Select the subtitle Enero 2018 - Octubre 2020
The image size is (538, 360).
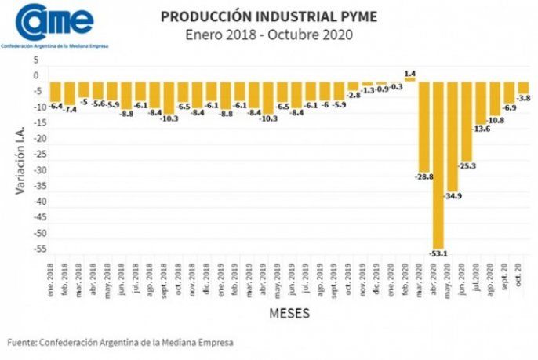point(268,35)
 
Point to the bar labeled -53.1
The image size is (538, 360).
point(438,164)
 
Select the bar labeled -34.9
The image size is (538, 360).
point(453,136)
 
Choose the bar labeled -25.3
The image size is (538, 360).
point(467,121)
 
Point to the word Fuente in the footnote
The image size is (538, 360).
point(22,343)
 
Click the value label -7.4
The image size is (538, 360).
point(70,109)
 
